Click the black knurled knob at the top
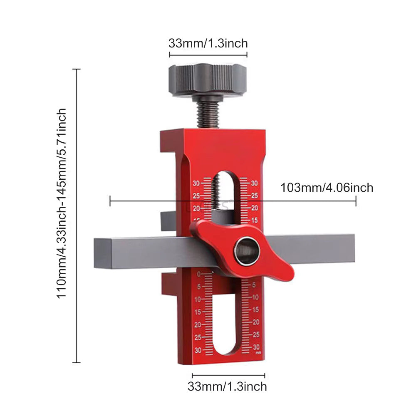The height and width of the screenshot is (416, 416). coord(207,80)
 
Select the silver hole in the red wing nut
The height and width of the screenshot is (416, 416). coord(246,251)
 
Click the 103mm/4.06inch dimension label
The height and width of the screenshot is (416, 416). coord(327,188)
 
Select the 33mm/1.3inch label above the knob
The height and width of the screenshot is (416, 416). coord(208,43)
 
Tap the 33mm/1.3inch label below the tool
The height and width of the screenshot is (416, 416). coord(227,386)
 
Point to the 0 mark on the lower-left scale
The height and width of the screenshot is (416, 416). coord(199,274)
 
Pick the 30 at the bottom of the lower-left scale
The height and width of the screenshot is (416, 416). coord(198,350)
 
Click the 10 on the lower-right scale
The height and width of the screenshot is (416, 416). coord(256,297)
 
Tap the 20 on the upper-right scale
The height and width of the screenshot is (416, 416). coord(255,208)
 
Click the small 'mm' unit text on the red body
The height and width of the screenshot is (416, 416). coord(258,353)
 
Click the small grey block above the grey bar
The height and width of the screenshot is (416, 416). coord(168,220)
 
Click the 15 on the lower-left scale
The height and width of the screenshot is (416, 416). coord(198,312)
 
